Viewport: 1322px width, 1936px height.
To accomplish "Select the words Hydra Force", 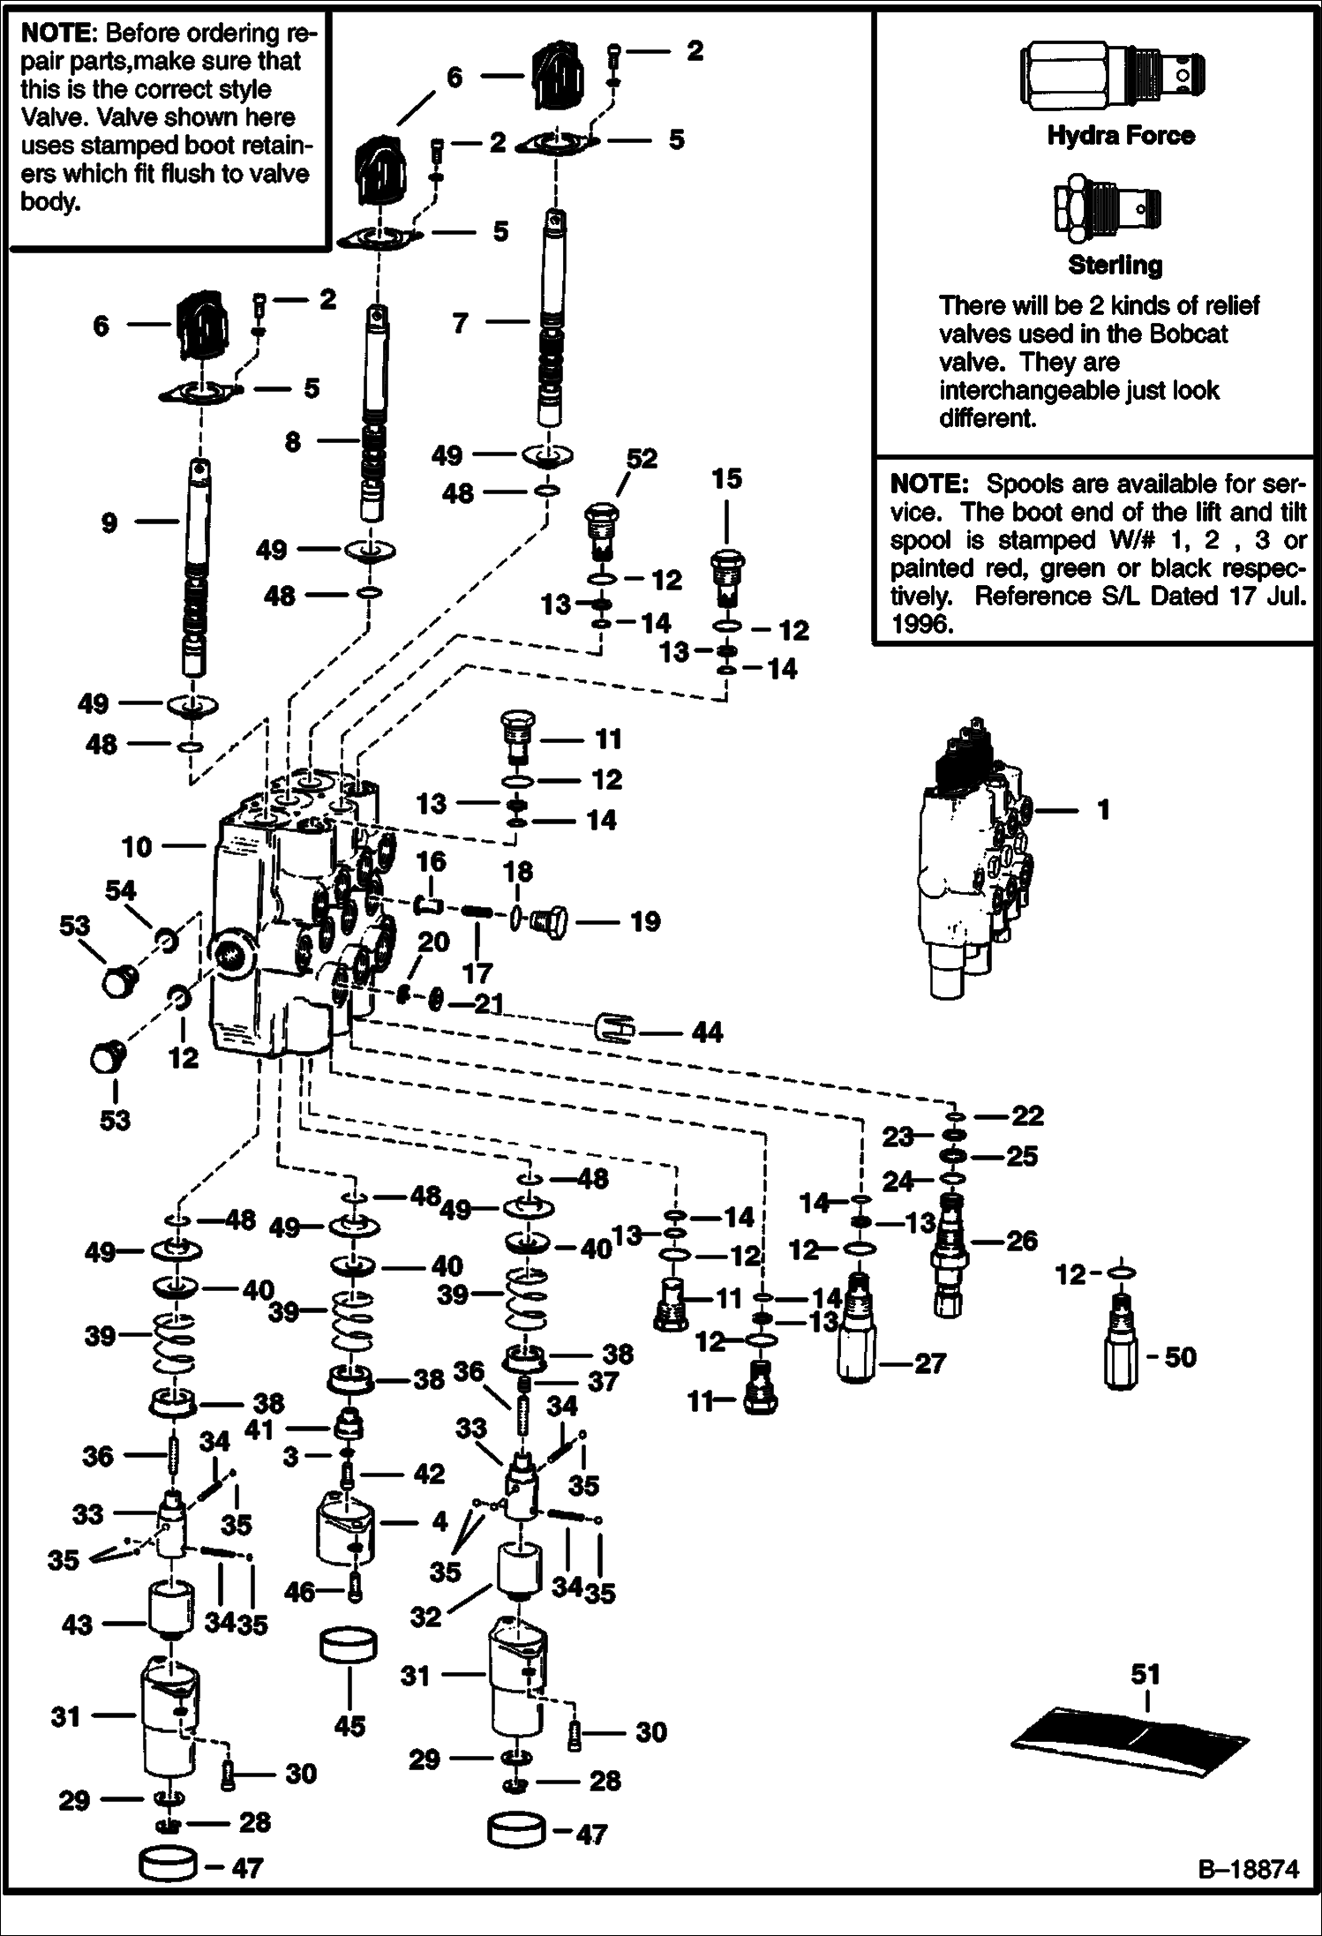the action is (x=1121, y=136).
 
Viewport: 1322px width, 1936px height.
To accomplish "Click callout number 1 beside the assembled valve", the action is (x=1103, y=809).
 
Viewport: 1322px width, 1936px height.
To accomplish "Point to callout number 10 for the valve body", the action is (x=137, y=847).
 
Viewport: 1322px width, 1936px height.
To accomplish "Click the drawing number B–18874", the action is (x=1248, y=1895).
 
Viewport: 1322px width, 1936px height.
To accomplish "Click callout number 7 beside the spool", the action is (x=460, y=324).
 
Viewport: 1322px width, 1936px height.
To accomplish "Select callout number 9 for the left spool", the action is (x=109, y=523).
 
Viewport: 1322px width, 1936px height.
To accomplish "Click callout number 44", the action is (x=707, y=1032).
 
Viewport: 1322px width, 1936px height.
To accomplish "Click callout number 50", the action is (x=1180, y=1356).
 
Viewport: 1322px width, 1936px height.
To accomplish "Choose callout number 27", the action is (x=929, y=1363).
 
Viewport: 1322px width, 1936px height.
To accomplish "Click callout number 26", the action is (x=1022, y=1241).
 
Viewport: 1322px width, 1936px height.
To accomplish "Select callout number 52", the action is (x=642, y=459).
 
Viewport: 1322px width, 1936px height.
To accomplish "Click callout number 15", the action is (x=726, y=479).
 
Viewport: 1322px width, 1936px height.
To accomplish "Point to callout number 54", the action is (x=121, y=890).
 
